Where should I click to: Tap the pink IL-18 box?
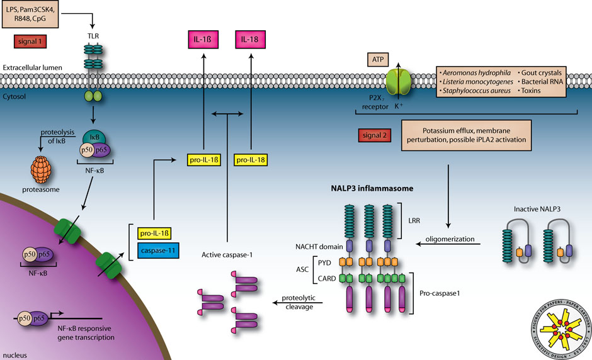click(251, 42)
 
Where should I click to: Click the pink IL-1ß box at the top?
click(203, 42)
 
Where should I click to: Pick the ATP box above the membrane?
click(378, 60)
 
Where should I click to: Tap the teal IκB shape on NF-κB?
click(95, 138)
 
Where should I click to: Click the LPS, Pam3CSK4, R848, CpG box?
click(30, 14)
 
